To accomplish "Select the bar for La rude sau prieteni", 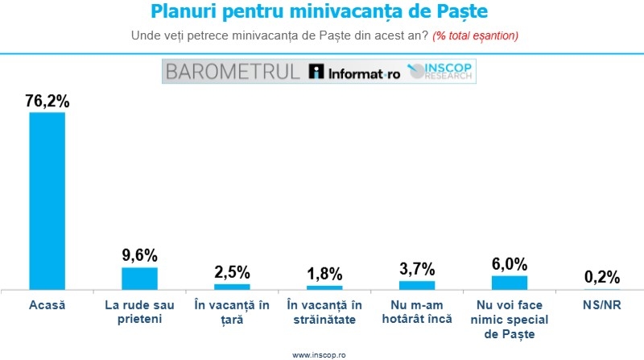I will pos(139,278).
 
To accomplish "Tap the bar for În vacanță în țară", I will pos(232,286).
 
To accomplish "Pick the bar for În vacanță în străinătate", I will pos(324,287).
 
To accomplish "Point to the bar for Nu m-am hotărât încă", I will pos(417,284).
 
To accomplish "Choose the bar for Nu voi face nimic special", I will pos(509,282).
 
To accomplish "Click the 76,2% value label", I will pos(47,101).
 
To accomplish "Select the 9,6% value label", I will pos(139,256).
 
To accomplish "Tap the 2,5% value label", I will pos(232,272).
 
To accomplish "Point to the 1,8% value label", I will pos(324,274).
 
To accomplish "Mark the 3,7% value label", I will pos(417,269).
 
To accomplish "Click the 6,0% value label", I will pos(510,264).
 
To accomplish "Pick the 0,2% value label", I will pos(601,277).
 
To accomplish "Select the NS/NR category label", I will pos(601,305).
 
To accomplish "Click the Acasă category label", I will pos(47,305).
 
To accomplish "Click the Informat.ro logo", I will pos(353,72).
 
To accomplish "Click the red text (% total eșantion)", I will pos(475,36).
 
